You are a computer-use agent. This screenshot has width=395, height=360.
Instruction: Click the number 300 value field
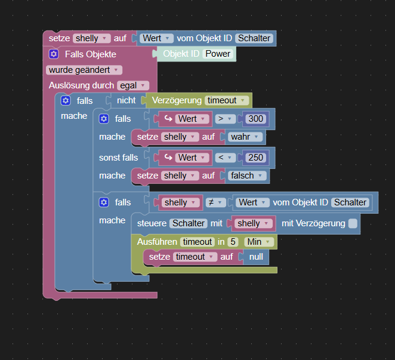[255, 119]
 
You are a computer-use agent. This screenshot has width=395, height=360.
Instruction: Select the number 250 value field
[255, 158]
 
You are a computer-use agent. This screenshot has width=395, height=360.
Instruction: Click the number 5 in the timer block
[233, 242]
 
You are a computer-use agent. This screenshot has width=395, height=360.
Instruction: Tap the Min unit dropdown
[259, 242]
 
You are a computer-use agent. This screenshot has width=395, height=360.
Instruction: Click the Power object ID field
[218, 54]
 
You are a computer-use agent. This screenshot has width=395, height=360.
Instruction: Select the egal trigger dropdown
[132, 85]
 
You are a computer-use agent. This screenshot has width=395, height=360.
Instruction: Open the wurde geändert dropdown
[84, 70]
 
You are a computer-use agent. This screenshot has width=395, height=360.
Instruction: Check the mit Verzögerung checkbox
[353, 223]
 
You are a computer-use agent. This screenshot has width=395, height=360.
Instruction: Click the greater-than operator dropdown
[224, 119]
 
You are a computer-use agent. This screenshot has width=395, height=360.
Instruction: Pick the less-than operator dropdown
[224, 158]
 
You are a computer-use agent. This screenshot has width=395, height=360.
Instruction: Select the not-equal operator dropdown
[213, 202]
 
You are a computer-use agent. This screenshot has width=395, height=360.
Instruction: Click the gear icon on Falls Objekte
[53, 54]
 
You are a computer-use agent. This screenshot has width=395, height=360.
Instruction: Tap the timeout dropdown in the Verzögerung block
[226, 100]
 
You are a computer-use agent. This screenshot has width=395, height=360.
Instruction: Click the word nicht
[126, 100]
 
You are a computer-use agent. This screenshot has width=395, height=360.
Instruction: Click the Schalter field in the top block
[254, 38]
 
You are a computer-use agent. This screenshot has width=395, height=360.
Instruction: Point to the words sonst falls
[118, 158]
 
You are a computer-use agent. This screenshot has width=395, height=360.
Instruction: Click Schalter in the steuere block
[188, 223]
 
